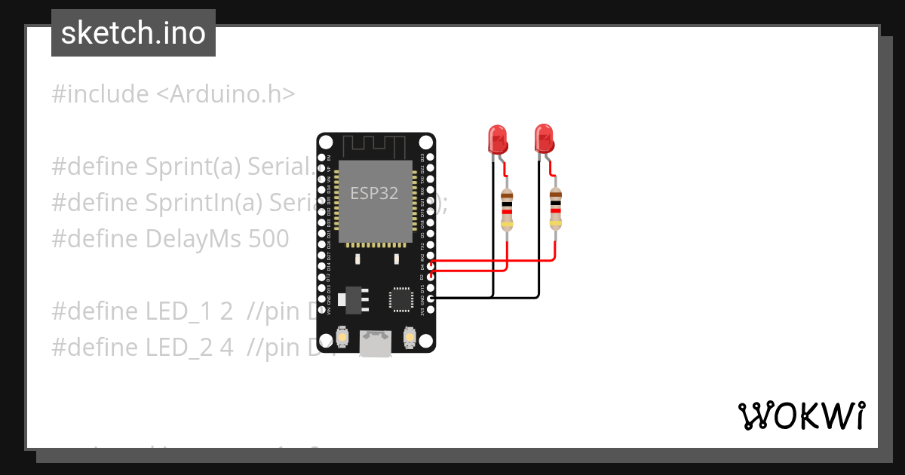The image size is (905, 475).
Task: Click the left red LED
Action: click(497, 139)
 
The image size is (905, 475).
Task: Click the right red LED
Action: click(543, 139)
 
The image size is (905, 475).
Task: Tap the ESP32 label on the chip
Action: click(374, 193)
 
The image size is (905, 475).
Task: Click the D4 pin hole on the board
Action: click(431, 266)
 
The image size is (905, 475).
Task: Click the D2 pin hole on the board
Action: click(431, 277)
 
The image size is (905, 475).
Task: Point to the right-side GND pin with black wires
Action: click(431, 299)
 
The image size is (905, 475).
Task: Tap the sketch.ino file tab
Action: click(133, 33)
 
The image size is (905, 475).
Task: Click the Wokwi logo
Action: click(801, 415)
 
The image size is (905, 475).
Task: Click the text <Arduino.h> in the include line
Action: click(225, 94)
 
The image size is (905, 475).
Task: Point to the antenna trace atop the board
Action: click(376, 145)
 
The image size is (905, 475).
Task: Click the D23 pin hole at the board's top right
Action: click(431, 158)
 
